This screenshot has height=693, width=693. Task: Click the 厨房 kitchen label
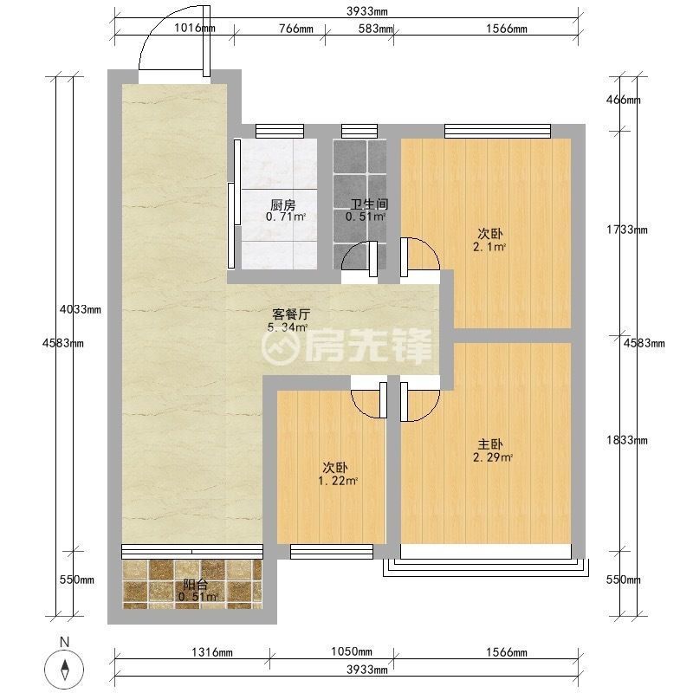tap(283, 205)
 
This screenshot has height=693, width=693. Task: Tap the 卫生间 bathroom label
tap(370, 204)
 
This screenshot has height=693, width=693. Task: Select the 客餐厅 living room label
tap(291, 314)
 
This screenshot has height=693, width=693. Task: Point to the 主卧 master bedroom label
tap(490, 444)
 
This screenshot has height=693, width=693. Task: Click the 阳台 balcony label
tap(196, 586)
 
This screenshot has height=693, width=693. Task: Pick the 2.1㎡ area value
tap(489, 247)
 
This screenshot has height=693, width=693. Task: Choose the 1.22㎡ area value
tap(338, 481)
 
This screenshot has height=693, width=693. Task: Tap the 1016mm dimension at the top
tap(194, 29)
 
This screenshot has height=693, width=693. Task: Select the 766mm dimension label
tap(296, 29)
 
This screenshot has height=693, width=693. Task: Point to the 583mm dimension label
tap(375, 29)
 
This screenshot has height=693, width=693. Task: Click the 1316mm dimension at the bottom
tap(212, 652)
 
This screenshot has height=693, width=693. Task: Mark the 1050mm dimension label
tap(352, 651)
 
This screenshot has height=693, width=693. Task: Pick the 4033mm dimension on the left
tap(81, 309)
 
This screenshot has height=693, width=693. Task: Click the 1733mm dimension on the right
tap(626, 230)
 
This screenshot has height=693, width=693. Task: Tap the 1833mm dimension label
tap(626, 440)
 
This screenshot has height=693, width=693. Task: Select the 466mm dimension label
tap(623, 100)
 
